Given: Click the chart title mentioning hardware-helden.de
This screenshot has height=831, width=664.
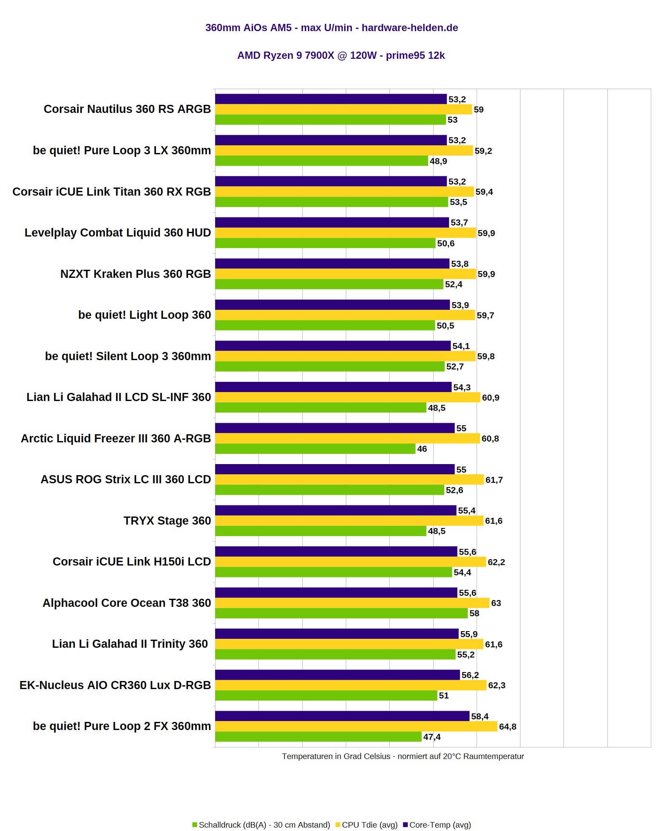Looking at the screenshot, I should point(331,28).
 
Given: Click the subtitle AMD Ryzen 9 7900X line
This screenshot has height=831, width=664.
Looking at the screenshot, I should point(341,55).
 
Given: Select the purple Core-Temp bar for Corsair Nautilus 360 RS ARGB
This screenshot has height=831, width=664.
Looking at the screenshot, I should point(331,99).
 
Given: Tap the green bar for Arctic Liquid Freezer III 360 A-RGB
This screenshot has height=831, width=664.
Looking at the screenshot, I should point(315,449).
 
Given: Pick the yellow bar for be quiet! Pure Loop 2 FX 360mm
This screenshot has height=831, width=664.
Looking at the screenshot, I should point(356,726).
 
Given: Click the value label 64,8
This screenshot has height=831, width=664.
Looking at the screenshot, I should point(507,727).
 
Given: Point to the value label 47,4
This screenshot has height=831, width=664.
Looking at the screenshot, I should point(432,737).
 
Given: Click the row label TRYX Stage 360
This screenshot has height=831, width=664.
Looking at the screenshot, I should point(167,521).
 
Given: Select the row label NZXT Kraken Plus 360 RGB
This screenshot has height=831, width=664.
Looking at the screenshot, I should point(135,274).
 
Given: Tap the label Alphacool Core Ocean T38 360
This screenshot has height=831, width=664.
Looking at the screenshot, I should point(126,603).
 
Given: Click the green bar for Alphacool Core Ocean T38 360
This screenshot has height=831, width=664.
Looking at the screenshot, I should point(341,613).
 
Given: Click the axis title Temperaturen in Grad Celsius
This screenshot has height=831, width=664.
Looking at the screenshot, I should point(402,756).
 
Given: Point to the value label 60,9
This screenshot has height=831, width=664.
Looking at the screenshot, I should point(490,398).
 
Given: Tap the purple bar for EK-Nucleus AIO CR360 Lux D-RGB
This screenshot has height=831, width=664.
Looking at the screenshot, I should point(337,675).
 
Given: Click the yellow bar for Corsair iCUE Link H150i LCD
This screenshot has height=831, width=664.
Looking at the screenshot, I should point(351,562).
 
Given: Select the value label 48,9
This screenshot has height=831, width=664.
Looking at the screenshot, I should point(438,161).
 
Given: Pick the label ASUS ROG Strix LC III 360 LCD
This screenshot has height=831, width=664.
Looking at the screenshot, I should point(126,479).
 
